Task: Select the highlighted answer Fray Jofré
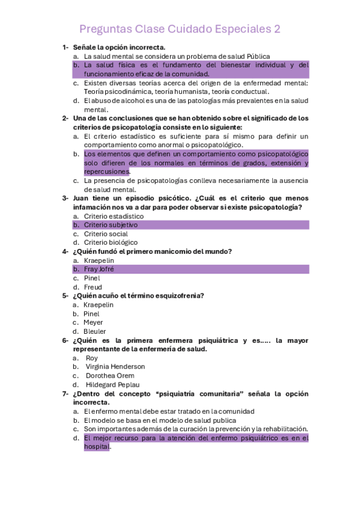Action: coord(99,269)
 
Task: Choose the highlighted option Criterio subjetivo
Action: coord(111,225)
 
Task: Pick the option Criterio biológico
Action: coord(111,242)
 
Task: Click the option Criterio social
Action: coord(106,234)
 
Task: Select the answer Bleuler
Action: coord(95,331)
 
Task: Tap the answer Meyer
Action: coord(93,322)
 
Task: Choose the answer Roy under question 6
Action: coord(92,358)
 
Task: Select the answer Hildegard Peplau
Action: coord(113,385)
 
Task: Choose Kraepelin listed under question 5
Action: coord(99,305)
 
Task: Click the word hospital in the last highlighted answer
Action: coord(96,447)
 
